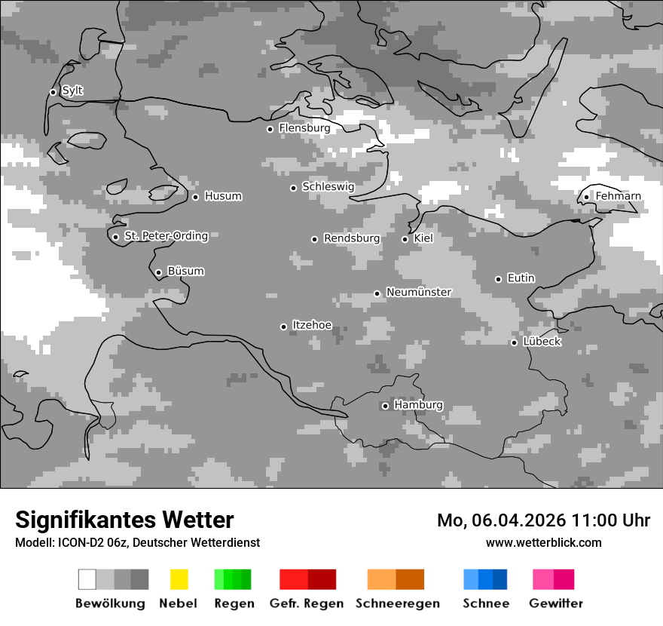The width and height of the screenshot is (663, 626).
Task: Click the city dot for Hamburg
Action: (x=385, y=406)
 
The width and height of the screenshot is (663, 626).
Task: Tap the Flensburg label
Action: (x=304, y=128)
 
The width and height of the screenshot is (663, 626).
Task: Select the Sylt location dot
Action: (x=53, y=92)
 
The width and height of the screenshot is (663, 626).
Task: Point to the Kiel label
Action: (x=423, y=238)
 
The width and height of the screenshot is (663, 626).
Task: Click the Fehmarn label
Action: (x=618, y=196)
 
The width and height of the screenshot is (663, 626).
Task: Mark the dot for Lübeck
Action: (x=514, y=342)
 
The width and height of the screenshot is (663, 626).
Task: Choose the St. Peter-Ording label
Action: (x=166, y=236)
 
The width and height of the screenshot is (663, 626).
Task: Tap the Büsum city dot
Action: (x=158, y=272)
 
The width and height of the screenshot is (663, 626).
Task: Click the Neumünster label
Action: (x=418, y=292)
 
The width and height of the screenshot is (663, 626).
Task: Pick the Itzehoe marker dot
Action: (x=283, y=327)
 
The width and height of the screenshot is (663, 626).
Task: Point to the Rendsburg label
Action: (x=351, y=238)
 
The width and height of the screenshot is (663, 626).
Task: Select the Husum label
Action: (x=223, y=196)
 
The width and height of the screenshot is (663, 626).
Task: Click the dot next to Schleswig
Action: (x=293, y=188)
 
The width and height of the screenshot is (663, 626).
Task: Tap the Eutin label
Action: (x=521, y=278)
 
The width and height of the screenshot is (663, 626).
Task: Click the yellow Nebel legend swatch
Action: (x=179, y=579)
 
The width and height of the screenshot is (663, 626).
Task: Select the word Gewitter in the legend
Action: (x=556, y=603)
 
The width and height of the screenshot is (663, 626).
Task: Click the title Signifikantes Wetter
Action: (x=124, y=520)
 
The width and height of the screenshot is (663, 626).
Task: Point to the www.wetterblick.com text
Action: (x=543, y=542)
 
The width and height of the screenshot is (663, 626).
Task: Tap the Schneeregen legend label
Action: (x=398, y=603)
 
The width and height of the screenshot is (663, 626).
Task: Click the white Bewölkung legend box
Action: (x=87, y=579)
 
